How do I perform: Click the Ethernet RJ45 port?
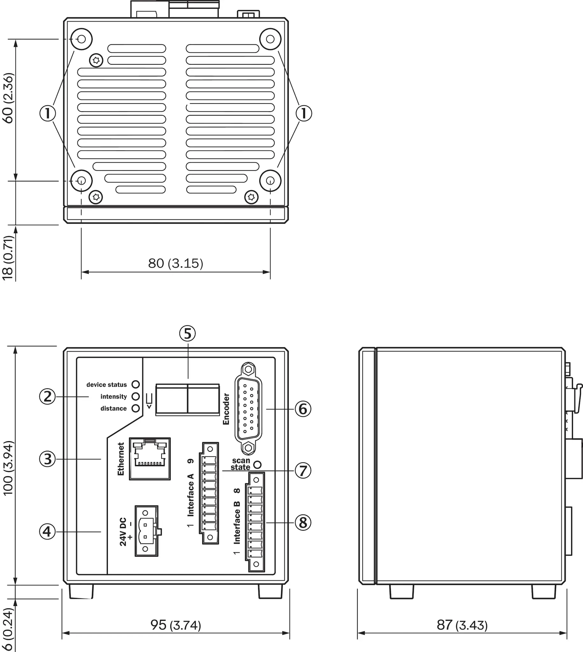click(x=150, y=459)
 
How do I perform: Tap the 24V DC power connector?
click(x=147, y=531)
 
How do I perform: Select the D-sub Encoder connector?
click(x=248, y=408)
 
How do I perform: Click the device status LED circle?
click(x=136, y=384)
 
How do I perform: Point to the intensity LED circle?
click(x=136, y=396)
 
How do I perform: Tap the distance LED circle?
click(x=136, y=408)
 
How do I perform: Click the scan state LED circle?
click(x=257, y=464)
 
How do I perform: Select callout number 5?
click(x=187, y=334)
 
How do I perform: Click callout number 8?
click(x=303, y=522)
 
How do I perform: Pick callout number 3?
click(x=47, y=459)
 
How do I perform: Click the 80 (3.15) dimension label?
click(x=176, y=263)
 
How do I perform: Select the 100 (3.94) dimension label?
click(x=8, y=468)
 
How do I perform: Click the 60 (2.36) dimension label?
click(x=8, y=98)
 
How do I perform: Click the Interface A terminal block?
click(x=209, y=493)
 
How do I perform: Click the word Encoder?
click(x=226, y=409)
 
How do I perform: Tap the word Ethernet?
click(x=121, y=459)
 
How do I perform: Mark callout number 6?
click(x=303, y=409)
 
